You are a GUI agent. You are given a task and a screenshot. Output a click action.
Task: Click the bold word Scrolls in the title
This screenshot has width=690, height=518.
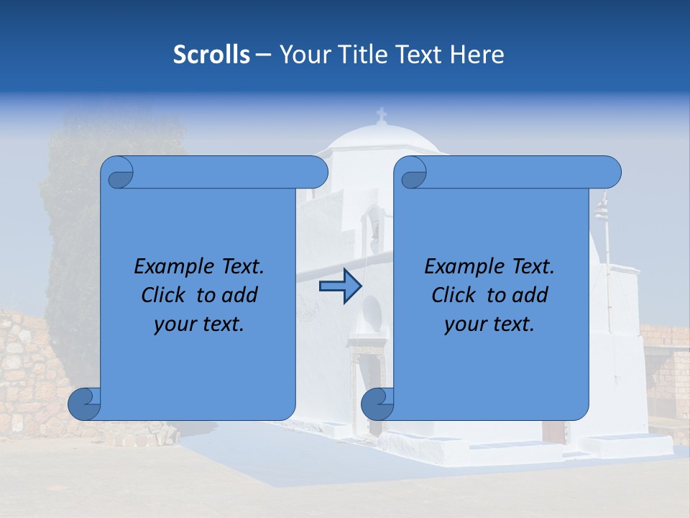coord(212,55)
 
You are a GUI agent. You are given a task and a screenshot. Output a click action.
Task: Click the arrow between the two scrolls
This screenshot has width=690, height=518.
coord(340,287)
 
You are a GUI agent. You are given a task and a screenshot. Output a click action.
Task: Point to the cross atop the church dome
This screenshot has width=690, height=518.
coord(381,114)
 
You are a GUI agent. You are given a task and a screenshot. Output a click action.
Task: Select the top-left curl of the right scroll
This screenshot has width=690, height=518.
coord(413,173)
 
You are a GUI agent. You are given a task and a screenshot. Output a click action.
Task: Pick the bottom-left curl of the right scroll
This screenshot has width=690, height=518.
coord(378,404)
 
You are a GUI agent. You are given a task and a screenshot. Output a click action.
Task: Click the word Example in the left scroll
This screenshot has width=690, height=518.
coord(171,267)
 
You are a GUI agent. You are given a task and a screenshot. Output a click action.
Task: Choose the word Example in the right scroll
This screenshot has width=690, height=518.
coord(461,267)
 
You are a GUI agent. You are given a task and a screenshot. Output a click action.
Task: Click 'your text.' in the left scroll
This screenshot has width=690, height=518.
coord(199,324)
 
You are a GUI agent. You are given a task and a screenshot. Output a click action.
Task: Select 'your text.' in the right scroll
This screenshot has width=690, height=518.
coord(489,324)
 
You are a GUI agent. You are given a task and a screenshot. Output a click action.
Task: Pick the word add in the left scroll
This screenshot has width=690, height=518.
coord(240,295)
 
